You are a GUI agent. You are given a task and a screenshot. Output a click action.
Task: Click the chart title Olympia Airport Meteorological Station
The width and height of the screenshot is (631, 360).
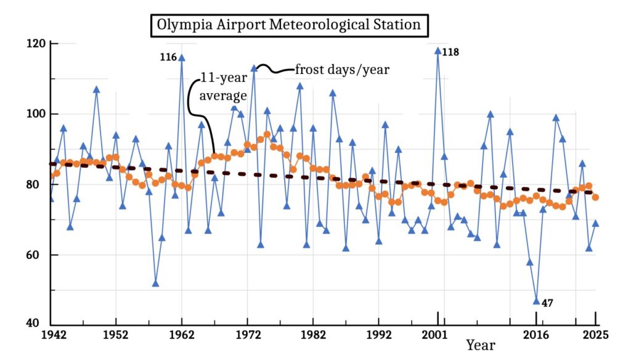click(x=288, y=25)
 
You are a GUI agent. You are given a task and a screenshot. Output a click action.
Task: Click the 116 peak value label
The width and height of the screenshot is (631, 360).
click(x=168, y=57)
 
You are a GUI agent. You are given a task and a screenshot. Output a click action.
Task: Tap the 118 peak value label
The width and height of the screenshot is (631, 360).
click(x=450, y=52)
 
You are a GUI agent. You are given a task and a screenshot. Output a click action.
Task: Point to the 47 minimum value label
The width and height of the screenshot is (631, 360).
click(x=547, y=303)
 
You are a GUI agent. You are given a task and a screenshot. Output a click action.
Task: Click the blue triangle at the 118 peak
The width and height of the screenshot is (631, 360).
click(x=438, y=51)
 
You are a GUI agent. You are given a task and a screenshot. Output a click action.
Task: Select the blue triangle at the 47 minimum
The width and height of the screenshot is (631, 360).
click(x=536, y=301)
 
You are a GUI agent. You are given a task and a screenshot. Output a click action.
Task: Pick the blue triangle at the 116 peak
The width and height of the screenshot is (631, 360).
click(x=182, y=58)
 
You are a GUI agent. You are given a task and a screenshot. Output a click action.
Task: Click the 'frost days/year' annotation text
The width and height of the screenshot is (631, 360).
click(x=342, y=70)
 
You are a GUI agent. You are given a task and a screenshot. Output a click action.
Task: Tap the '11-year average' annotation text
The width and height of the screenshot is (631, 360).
click(x=222, y=87)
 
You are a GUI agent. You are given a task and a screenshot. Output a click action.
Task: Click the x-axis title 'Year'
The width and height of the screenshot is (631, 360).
click(x=480, y=345)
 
